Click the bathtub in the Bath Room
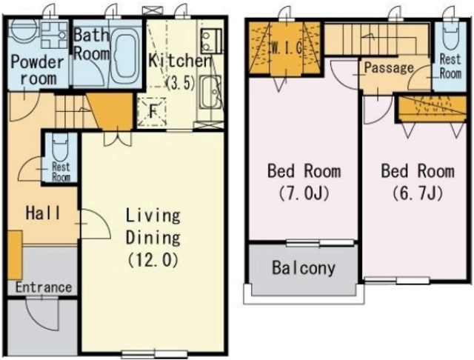[x=124, y=56]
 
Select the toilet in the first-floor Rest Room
[x=61, y=148]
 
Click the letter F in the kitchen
[x=153, y=112]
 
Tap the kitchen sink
[x=211, y=92]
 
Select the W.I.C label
[x=287, y=47]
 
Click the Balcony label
[x=304, y=268]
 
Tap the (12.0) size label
[x=153, y=260]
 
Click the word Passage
[x=389, y=67]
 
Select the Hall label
[x=43, y=213]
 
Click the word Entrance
[x=44, y=287]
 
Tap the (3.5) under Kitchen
[x=181, y=82]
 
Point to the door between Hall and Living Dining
[x=96, y=224]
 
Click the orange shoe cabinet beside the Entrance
[x=15, y=255]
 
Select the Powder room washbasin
[x=54, y=35]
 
